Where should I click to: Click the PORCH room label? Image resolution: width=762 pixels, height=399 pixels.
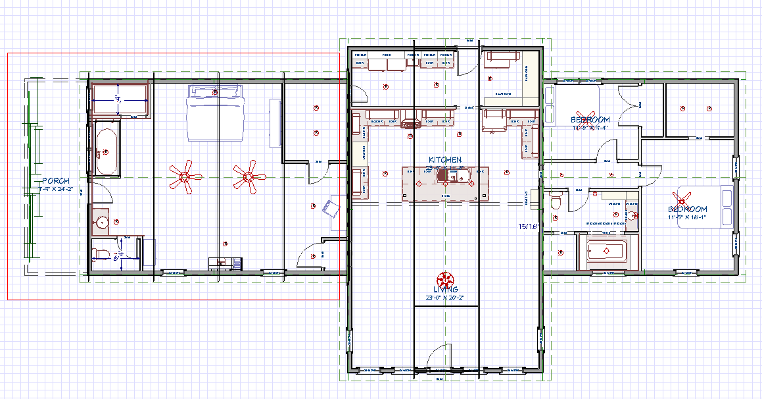tap(56, 180)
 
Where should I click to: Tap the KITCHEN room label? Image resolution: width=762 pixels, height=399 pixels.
tap(445, 160)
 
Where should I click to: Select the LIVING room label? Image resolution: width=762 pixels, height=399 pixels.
tap(445, 290)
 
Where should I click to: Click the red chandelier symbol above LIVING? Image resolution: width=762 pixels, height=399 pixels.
tap(445, 278)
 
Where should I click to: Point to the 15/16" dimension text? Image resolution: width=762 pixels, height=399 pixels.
tap(529, 226)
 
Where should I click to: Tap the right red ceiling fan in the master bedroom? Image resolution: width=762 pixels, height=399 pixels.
tap(249, 176)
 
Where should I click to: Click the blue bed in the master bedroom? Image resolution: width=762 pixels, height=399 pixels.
tap(217, 113)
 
